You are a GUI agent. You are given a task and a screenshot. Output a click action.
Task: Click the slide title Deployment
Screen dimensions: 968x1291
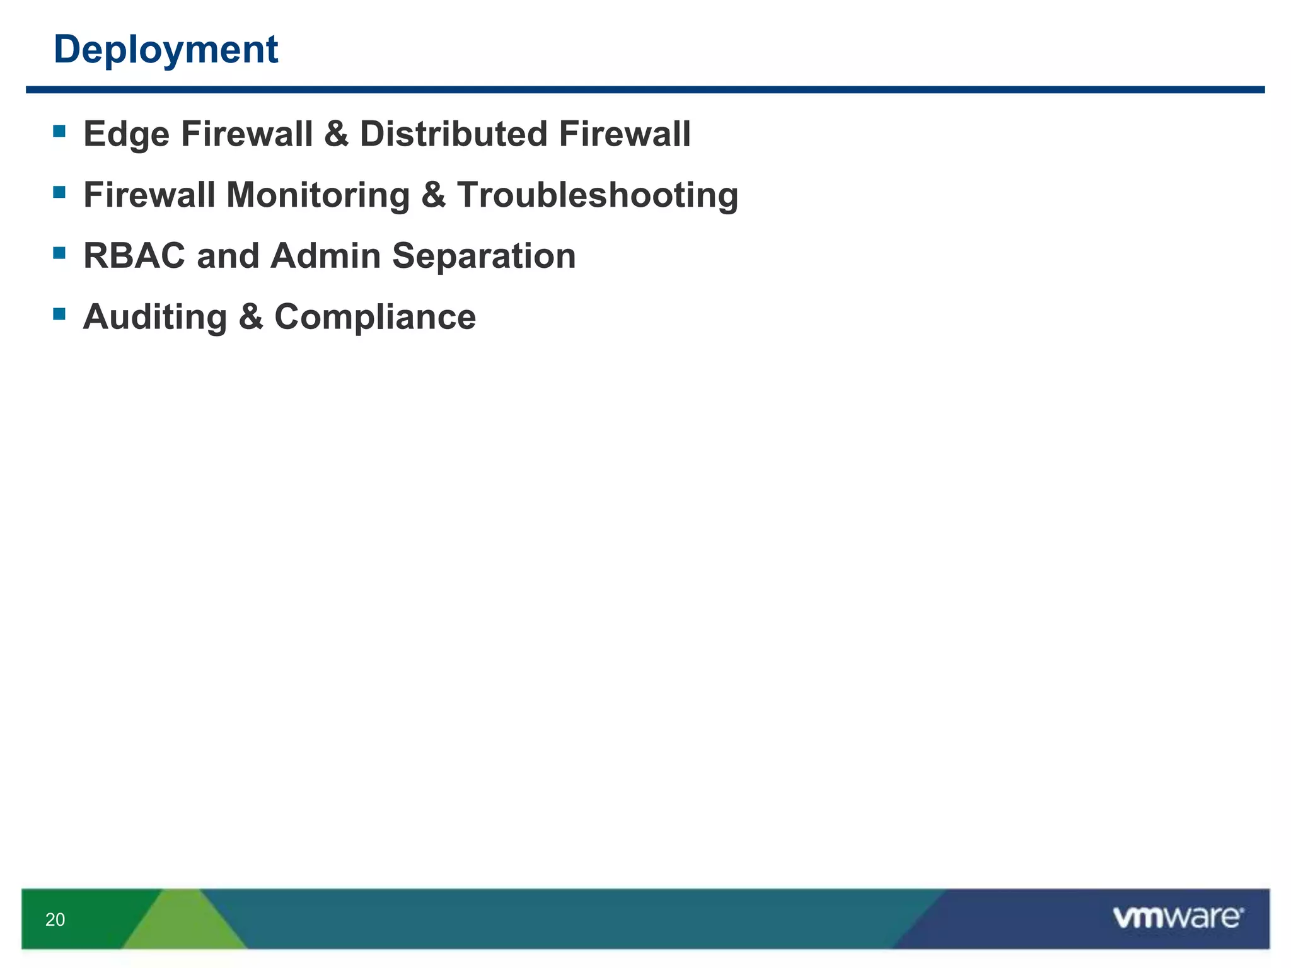[166, 50]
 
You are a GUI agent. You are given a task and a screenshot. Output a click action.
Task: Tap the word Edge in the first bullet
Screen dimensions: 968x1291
[126, 135]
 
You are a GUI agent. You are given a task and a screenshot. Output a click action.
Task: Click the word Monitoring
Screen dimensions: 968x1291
[318, 195]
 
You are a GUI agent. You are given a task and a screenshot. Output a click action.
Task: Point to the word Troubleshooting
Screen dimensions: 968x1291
[598, 195]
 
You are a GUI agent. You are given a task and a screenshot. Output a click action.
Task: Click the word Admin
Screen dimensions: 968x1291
[326, 256]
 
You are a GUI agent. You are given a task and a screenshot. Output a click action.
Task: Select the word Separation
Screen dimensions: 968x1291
[483, 256]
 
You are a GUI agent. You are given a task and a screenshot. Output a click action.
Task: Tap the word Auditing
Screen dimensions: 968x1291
[155, 317]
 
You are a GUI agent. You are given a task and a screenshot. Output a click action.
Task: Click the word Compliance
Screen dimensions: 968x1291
[375, 317]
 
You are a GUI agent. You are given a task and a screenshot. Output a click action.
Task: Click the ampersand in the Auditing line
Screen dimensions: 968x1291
[250, 317]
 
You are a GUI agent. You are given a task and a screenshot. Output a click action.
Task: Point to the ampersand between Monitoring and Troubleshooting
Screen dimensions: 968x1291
[433, 195]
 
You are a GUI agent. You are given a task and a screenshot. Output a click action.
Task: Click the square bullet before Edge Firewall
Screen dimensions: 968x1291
[59, 131]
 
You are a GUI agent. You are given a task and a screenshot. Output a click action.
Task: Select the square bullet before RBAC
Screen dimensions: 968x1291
[59, 253]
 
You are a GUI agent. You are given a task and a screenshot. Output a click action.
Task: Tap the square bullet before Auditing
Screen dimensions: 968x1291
[59, 314]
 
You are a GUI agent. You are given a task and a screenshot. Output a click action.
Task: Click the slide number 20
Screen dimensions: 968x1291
[55, 919]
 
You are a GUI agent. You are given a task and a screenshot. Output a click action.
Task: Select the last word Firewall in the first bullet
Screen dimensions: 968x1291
[624, 134]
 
